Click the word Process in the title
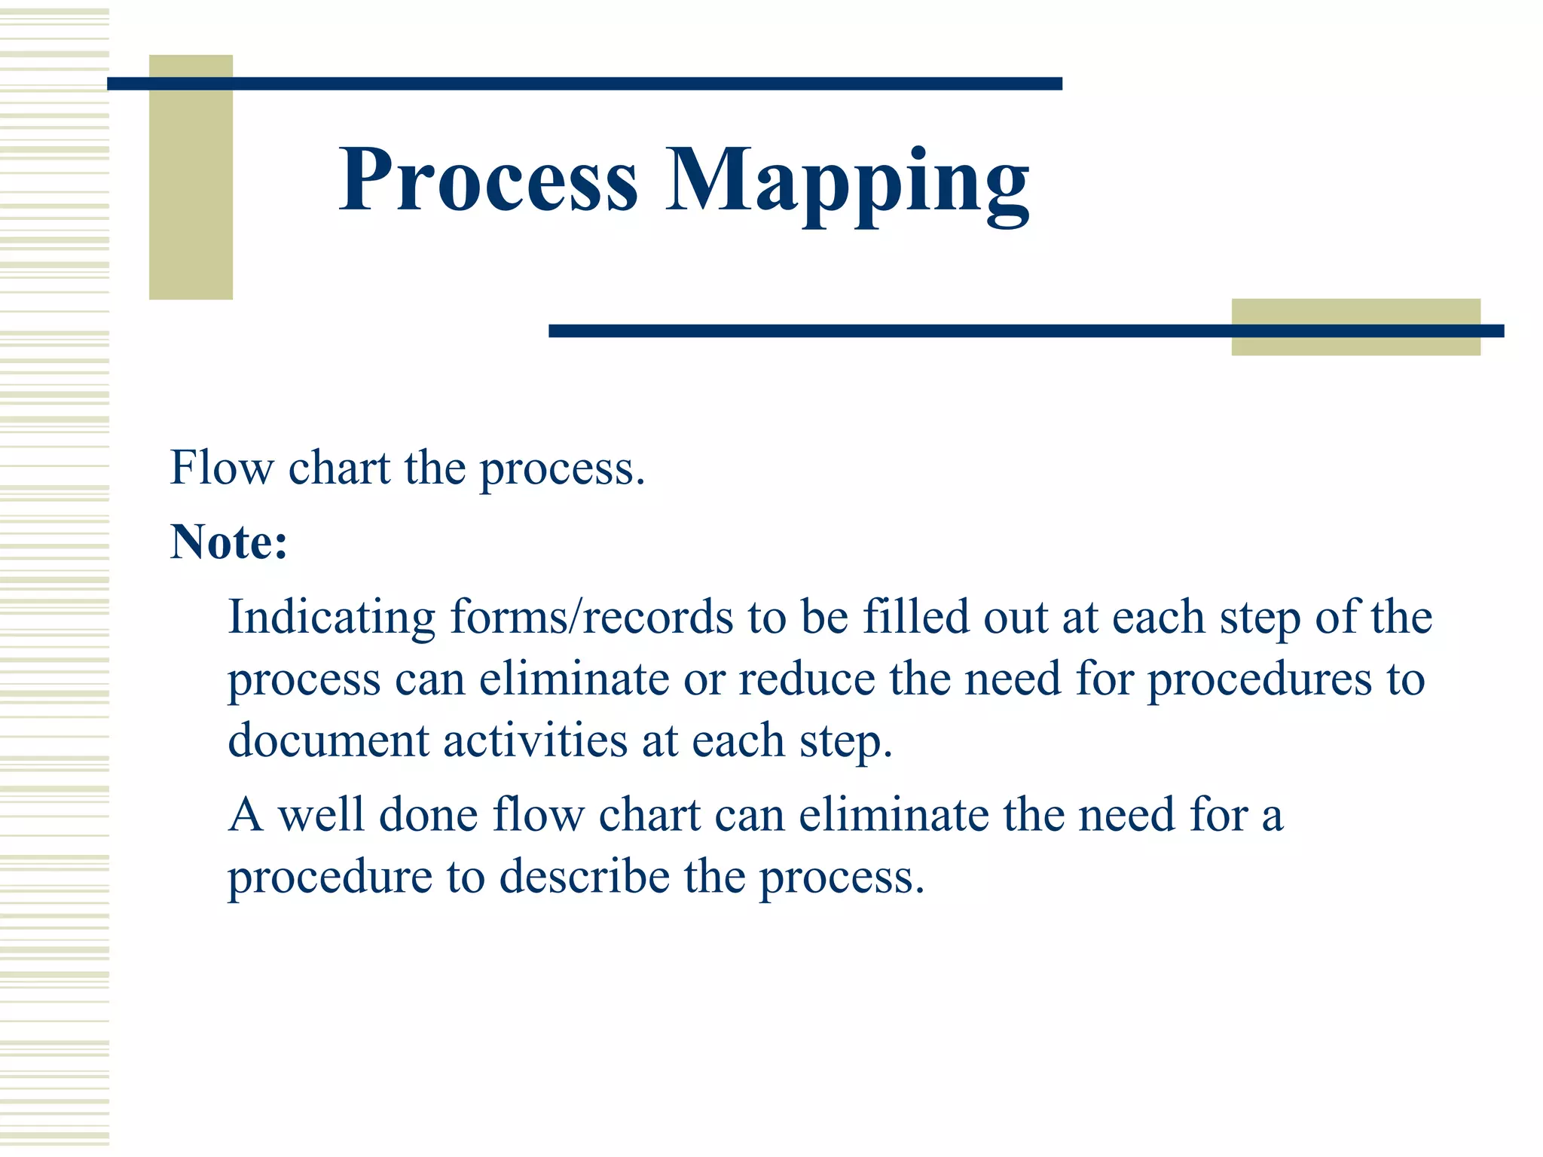[x=488, y=181]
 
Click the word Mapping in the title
[x=847, y=185]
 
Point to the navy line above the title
[x=584, y=84]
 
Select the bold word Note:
[x=229, y=542]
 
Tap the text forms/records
[x=591, y=618]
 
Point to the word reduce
[x=807, y=679]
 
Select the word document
[x=328, y=741]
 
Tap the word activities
[x=535, y=741]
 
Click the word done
[x=428, y=815]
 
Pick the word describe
[x=584, y=878]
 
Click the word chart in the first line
[x=340, y=468]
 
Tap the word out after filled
[x=1016, y=618]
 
